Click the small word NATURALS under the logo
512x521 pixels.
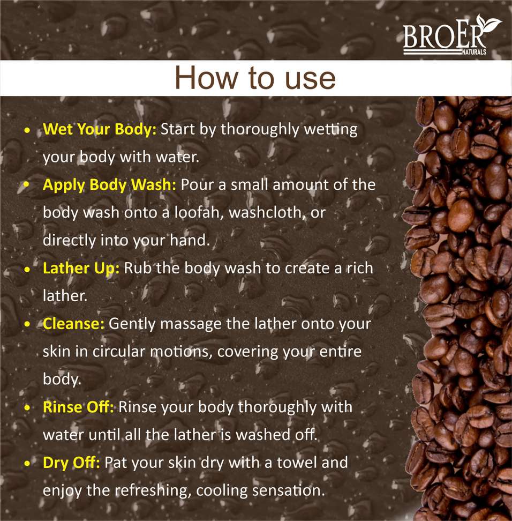(474, 52)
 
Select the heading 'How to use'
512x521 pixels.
(255, 78)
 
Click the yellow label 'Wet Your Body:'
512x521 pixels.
(100, 130)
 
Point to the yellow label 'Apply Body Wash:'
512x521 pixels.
(110, 185)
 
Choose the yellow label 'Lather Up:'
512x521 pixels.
(81, 269)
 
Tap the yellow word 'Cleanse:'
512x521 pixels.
(74, 324)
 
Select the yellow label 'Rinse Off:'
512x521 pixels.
(78, 407)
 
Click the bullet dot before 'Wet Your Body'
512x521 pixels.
(27, 130)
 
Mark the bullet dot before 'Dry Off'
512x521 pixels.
(27, 464)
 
